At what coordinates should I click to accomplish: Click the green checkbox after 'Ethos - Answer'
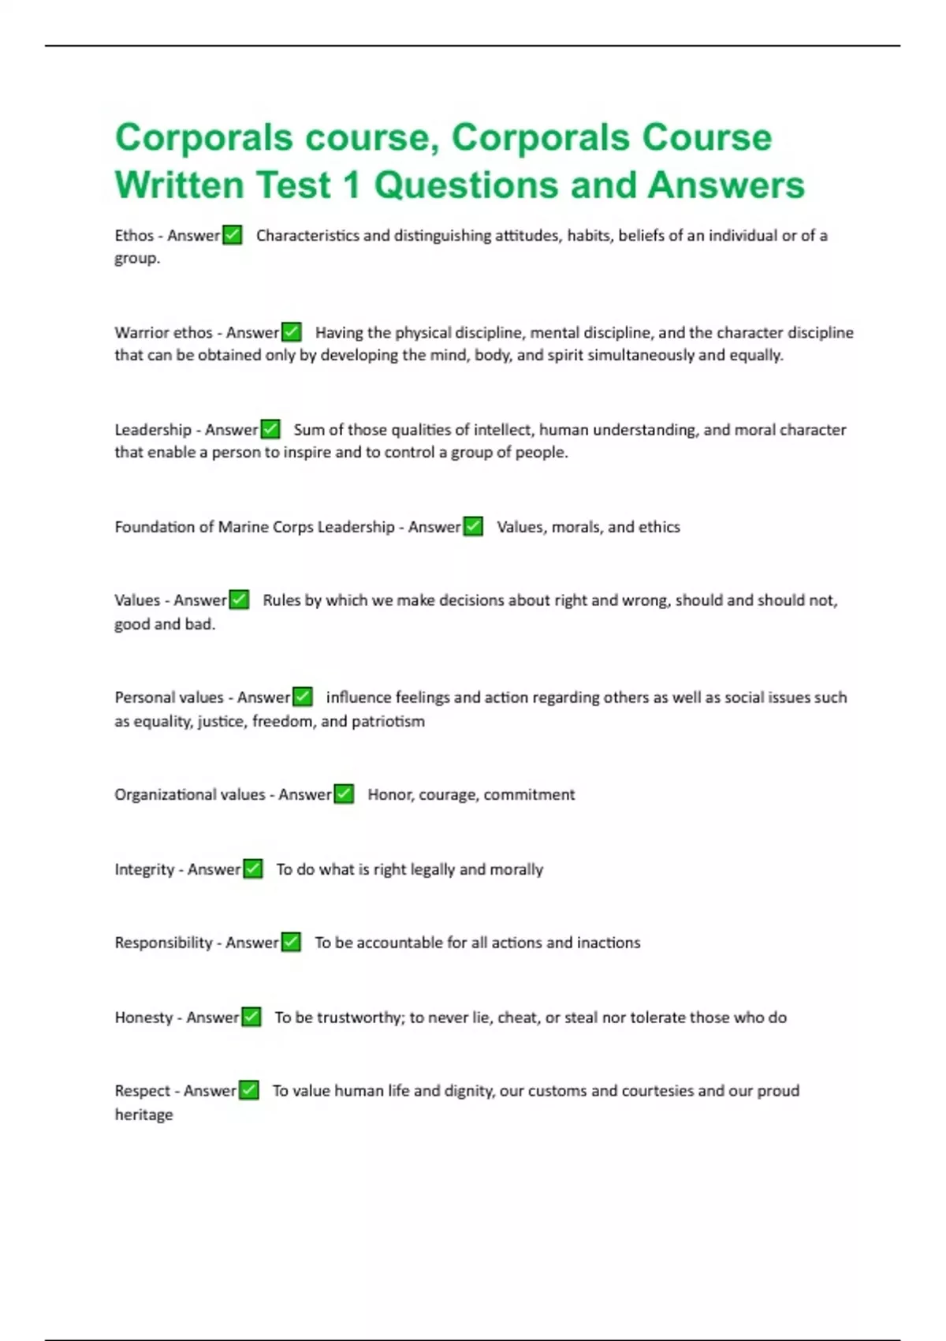pyautogui.click(x=233, y=235)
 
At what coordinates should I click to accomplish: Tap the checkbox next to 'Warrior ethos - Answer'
pyautogui.click(x=292, y=332)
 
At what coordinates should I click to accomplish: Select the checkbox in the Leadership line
pyautogui.click(x=270, y=429)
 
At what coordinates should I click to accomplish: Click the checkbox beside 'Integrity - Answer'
pyautogui.click(x=253, y=868)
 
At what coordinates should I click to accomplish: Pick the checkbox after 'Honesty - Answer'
pyautogui.click(x=251, y=1017)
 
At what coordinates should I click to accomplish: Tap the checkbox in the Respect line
pyautogui.click(x=249, y=1090)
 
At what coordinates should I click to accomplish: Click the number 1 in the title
pyautogui.click(x=351, y=185)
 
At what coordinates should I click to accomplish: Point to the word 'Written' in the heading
pyautogui.click(x=180, y=185)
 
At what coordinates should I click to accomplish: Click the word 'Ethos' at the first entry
pyautogui.click(x=134, y=235)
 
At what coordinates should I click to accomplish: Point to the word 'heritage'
pyautogui.click(x=143, y=1115)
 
